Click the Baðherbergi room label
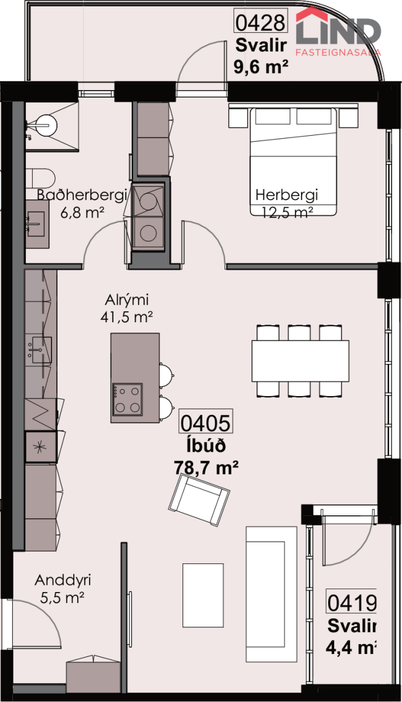coord(82,195)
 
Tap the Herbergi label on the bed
coord(287,195)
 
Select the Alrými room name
coord(126,300)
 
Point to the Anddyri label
coord(63,580)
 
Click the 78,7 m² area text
coord(206,467)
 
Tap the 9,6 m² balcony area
coord(261,67)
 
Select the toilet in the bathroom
coord(40,178)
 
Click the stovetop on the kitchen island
coord(128,400)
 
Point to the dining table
coord(300,361)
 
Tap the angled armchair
coord(199,500)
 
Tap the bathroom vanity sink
coord(36,223)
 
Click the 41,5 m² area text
coord(126,318)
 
